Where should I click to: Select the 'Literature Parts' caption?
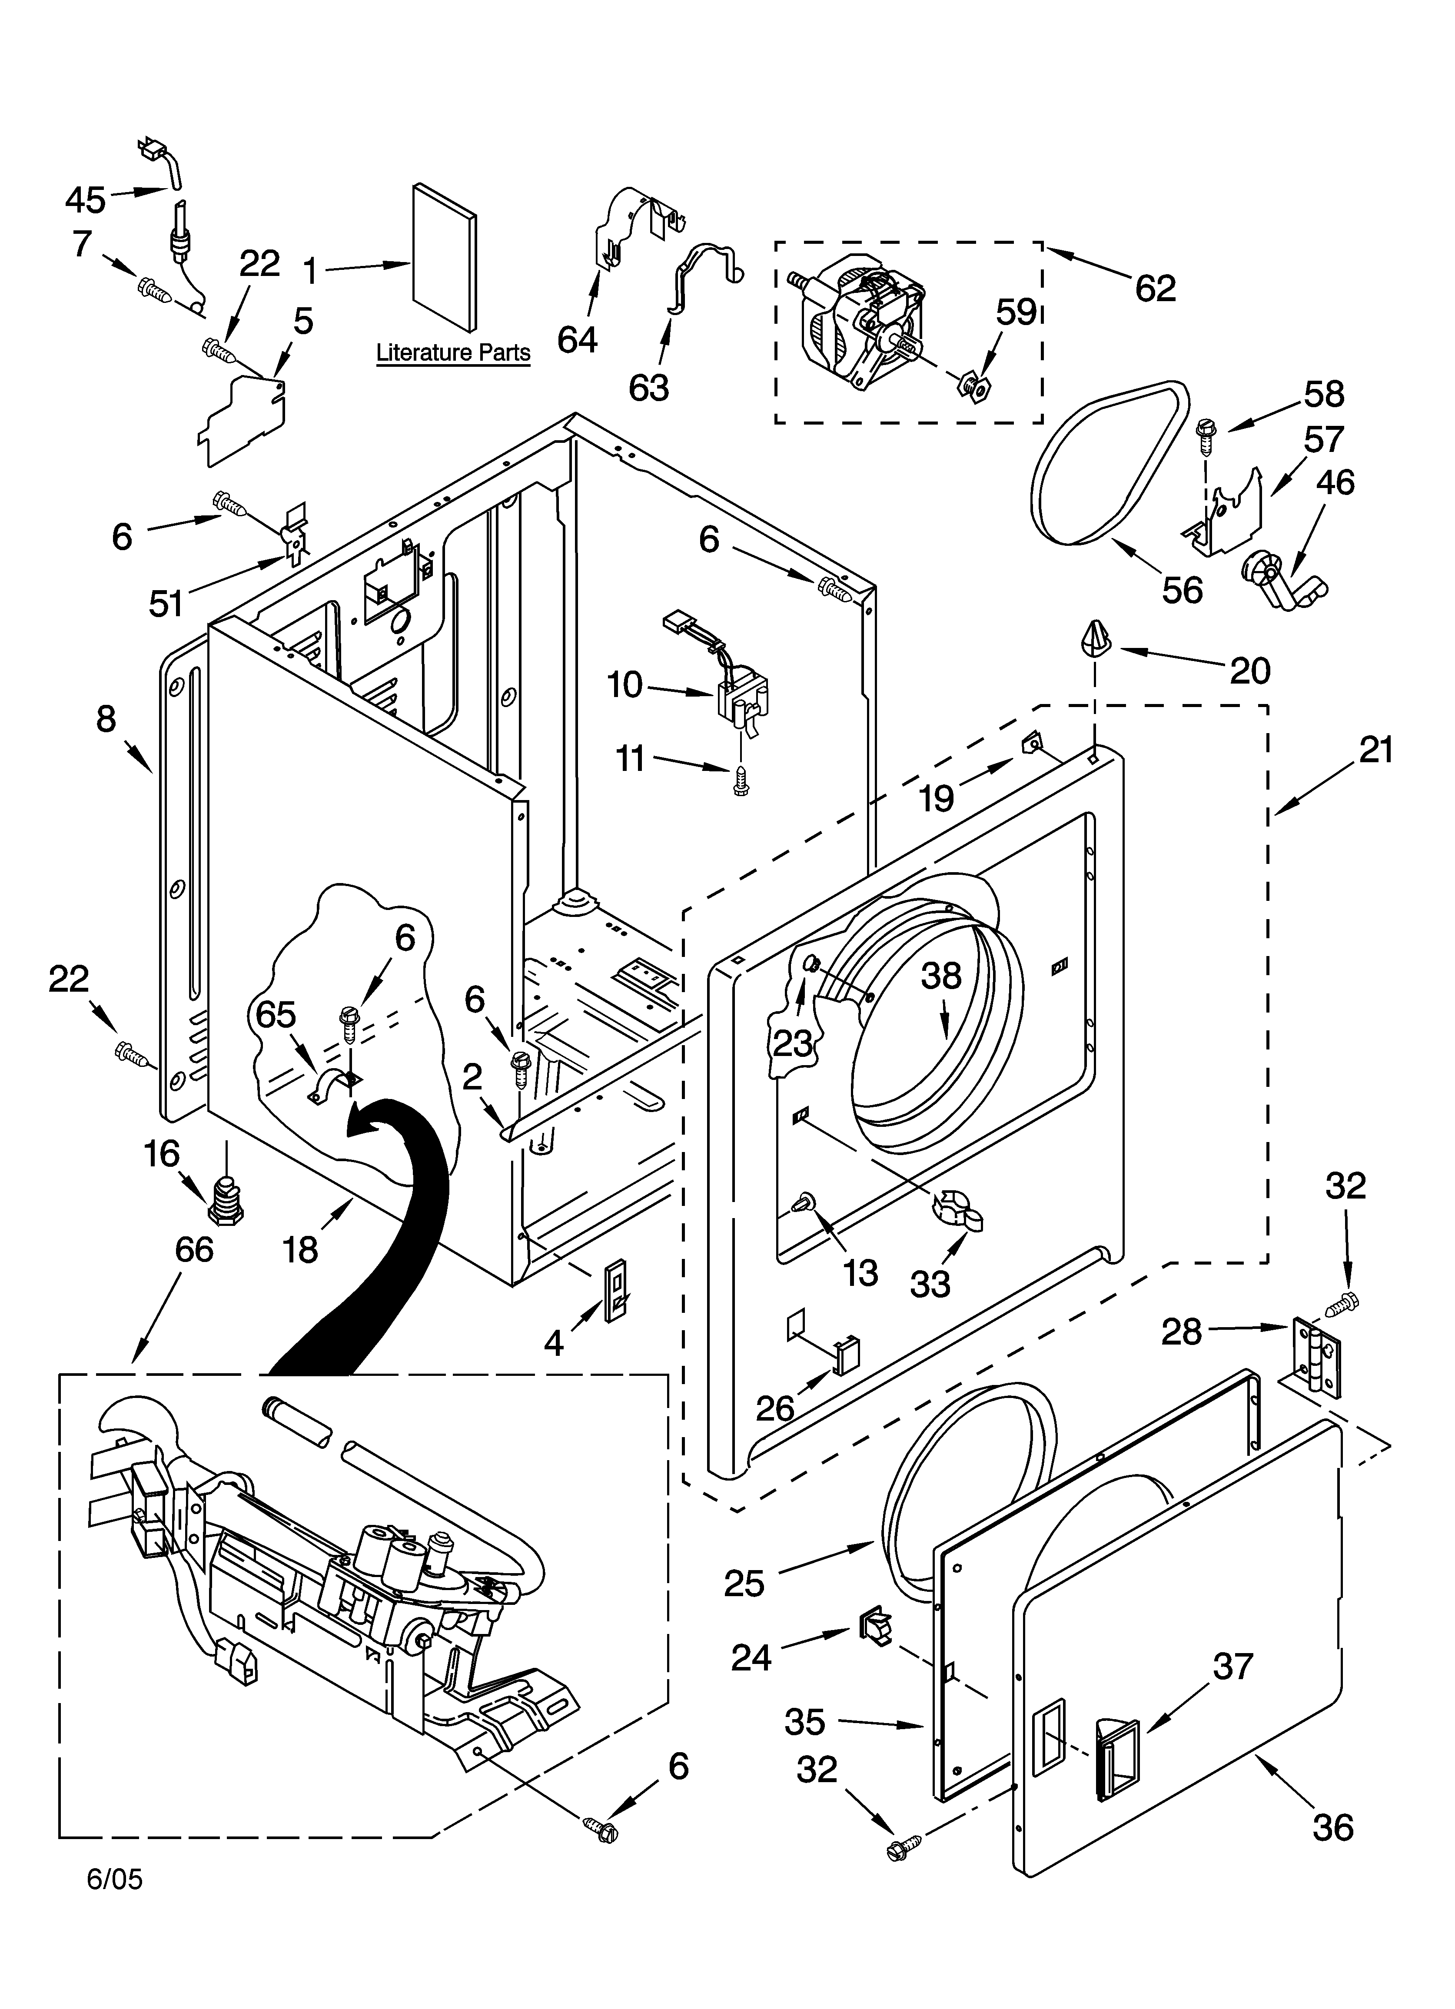(453, 352)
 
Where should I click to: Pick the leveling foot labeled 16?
(227, 1200)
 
